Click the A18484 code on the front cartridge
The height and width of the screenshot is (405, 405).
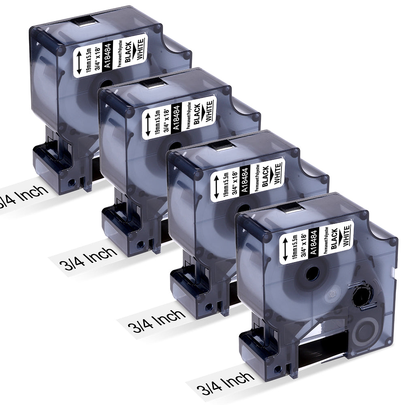pos(314,243)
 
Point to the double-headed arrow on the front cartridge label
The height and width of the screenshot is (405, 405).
pos(285,249)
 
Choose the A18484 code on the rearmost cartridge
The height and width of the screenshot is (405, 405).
pos(107,56)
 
